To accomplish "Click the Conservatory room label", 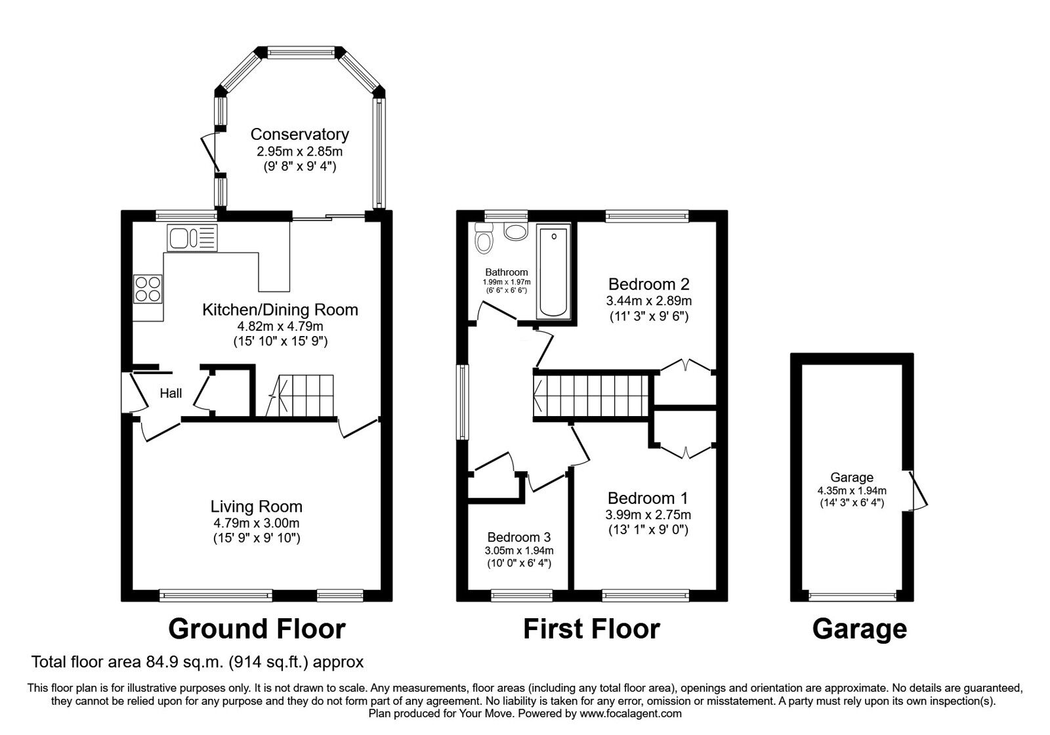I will point(299,135).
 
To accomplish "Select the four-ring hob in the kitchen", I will point(148,289).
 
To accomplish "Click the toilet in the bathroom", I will point(484,240).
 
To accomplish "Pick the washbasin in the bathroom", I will point(515,232).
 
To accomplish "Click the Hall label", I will point(171,393).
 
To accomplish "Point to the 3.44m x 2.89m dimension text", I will point(648,301).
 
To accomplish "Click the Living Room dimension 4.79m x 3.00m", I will point(256,523).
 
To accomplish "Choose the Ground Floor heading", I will point(257,629).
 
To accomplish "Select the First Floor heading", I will point(591,629).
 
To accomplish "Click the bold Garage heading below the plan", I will point(859,629).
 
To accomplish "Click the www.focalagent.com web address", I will point(631,713).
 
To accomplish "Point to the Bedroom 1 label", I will point(647,498).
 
